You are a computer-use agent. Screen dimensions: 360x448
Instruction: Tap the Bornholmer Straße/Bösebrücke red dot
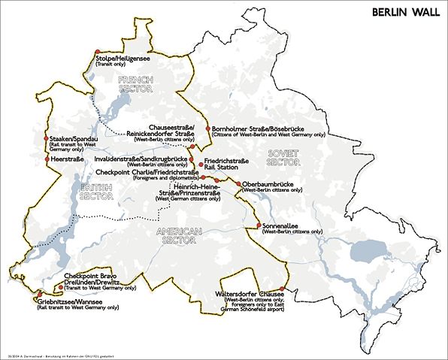(208, 129)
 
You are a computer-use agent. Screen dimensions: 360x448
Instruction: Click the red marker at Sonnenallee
(259, 225)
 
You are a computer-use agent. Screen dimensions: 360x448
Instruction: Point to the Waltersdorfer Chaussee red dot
(282, 289)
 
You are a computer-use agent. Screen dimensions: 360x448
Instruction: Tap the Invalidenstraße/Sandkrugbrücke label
(140, 159)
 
